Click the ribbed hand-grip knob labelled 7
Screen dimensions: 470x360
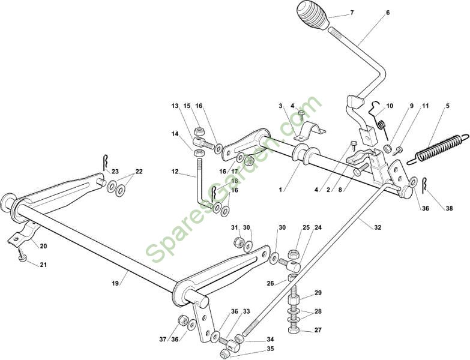pyautogui.click(x=312, y=15)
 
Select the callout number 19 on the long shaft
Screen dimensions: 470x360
pyautogui.click(x=116, y=283)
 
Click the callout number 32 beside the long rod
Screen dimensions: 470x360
pyautogui.click(x=378, y=227)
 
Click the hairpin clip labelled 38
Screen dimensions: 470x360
pyautogui.click(x=425, y=185)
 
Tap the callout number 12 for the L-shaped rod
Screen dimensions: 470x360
pyautogui.click(x=175, y=172)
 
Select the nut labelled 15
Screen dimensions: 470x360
pyautogui.click(x=199, y=131)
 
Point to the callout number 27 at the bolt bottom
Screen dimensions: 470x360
pyautogui.click(x=318, y=330)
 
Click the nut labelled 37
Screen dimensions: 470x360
pyautogui.click(x=182, y=320)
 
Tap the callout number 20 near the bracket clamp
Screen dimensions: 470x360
pyautogui.click(x=43, y=246)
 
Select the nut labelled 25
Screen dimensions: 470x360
pyautogui.click(x=293, y=254)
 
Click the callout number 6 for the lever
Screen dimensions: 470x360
pyautogui.click(x=388, y=13)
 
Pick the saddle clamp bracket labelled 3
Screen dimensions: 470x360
pyautogui.click(x=309, y=132)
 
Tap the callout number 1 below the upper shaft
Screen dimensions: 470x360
pyautogui.click(x=280, y=190)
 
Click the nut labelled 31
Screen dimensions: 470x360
pyautogui.click(x=238, y=241)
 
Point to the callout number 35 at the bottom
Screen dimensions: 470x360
pyautogui.click(x=270, y=349)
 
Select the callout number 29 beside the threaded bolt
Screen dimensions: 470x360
pyautogui.click(x=318, y=292)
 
